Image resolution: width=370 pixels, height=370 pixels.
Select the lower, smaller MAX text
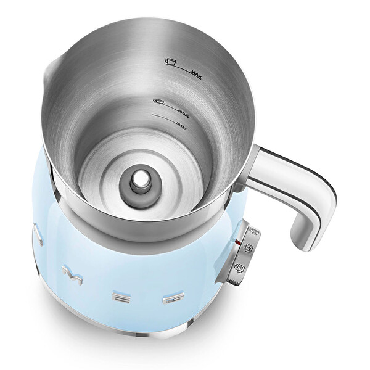183,111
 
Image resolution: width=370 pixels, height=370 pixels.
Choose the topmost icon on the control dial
252,233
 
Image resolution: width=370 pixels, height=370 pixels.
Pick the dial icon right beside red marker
248,248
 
